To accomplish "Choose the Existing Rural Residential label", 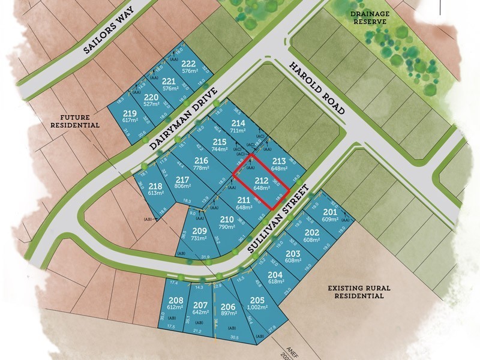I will click(x=359, y=292).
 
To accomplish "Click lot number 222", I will click(x=189, y=64).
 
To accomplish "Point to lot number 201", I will click(x=330, y=212).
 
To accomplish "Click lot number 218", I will click(x=139, y=185).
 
